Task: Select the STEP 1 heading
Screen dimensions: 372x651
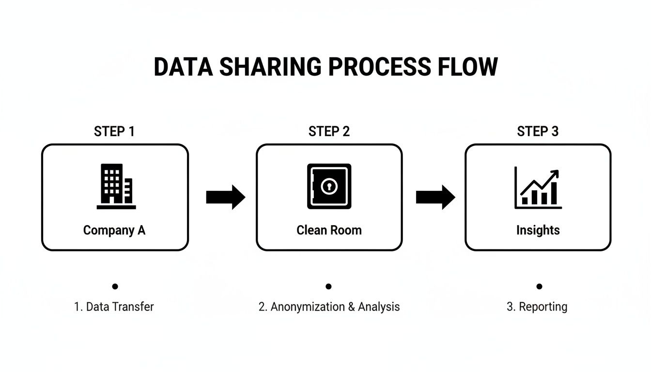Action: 114,131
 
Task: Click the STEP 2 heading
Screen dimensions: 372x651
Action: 329,131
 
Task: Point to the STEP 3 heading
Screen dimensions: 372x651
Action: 538,131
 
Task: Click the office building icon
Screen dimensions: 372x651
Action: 116,186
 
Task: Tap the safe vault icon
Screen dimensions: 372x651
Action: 329,186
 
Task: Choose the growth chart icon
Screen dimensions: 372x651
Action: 538,187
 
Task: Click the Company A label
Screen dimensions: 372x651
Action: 114,230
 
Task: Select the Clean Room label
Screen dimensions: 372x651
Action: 329,230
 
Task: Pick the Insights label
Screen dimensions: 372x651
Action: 538,230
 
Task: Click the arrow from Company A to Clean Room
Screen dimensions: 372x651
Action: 226,197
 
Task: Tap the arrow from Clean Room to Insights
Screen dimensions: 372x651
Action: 435,197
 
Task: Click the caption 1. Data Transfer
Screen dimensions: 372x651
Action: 114,307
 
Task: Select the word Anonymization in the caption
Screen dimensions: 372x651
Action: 310,307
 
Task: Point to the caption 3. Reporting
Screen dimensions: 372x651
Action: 537,307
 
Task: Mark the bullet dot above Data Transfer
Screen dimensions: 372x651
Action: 115,286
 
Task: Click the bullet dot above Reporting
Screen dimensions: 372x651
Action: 539,286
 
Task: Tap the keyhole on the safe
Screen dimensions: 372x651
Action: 329,186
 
